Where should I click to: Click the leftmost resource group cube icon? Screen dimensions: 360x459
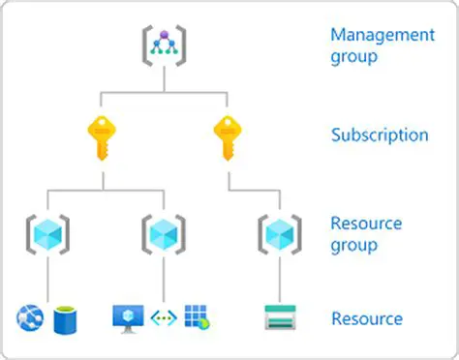point(46,231)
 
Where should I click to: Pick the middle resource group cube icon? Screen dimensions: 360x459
point(164,231)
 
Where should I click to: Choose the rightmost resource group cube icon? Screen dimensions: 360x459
point(279,231)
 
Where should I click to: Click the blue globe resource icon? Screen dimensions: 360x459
point(31,316)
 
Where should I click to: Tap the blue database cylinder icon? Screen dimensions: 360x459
point(66,316)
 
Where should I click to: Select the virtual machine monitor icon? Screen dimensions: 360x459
point(128,316)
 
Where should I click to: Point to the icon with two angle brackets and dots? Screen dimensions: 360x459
point(163,316)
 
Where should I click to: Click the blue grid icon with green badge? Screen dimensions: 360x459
point(197,316)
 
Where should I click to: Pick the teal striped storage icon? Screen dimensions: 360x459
point(280,316)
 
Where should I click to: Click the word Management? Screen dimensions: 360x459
point(382,35)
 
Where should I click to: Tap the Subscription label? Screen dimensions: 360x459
point(380,135)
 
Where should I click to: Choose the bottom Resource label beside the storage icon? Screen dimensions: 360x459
point(367,317)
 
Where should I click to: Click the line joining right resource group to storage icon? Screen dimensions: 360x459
point(279,279)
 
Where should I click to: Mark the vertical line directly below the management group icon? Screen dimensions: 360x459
point(164,80)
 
